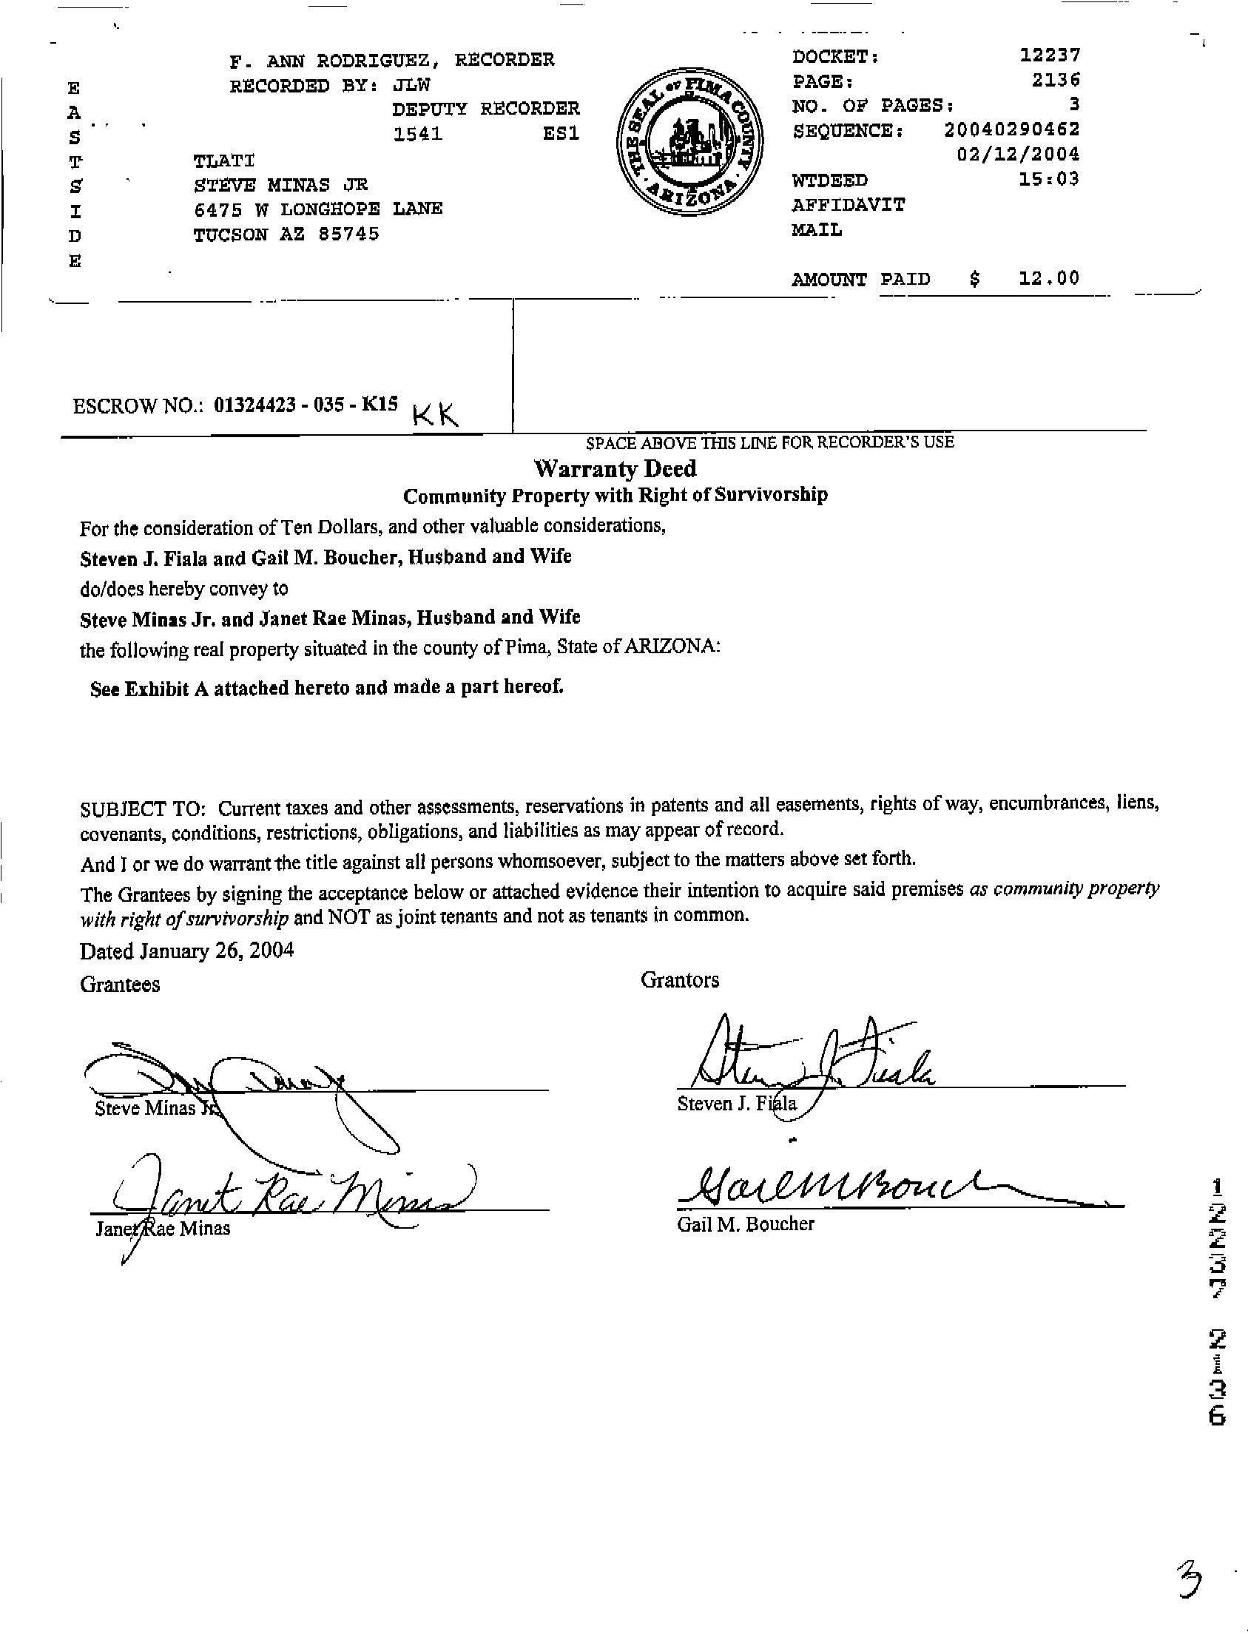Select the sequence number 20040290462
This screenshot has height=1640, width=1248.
(1011, 130)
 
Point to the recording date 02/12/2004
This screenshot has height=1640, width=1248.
(1018, 155)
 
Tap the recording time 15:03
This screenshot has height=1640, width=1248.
(1049, 179)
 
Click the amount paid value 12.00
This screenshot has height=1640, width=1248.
(1048, 278)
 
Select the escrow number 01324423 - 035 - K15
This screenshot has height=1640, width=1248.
(306, 405)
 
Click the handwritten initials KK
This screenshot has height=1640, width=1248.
(435, 413)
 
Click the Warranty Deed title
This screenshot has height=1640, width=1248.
(615, 469)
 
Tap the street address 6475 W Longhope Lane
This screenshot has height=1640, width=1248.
(318, 209)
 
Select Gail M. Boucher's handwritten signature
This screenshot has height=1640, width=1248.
(854, 1190)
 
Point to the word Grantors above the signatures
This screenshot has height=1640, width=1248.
(680, 980)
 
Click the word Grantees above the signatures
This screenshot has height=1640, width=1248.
(120, 985)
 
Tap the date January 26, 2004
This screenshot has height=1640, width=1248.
(215, 951)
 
